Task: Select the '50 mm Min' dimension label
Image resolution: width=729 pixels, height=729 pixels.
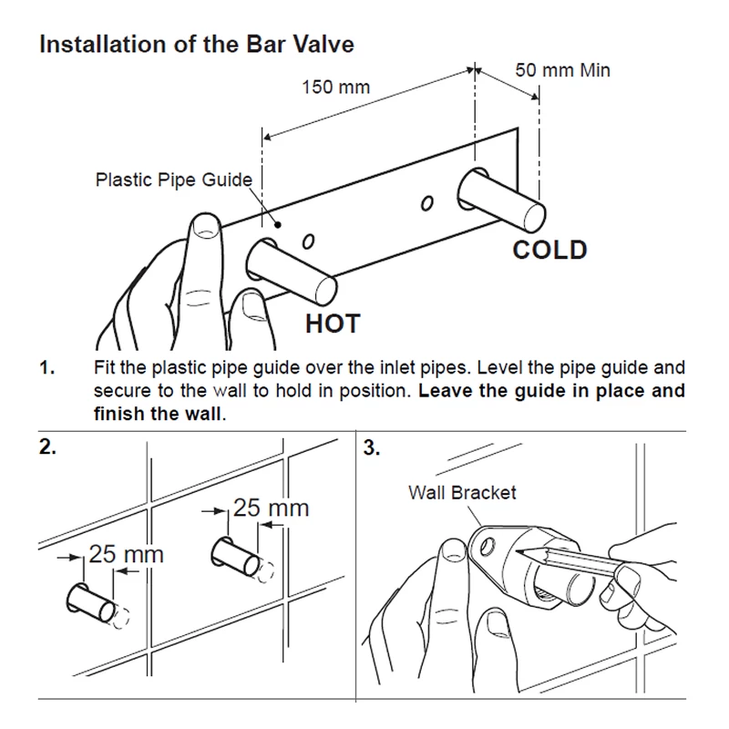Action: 562,69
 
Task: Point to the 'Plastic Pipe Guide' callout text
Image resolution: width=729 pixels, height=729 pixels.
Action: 173,179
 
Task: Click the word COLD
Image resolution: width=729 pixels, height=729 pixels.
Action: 549,249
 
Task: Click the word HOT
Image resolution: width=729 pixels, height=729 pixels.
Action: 332,323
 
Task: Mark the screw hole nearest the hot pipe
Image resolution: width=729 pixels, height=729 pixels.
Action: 308,241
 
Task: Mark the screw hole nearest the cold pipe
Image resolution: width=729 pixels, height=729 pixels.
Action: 425,202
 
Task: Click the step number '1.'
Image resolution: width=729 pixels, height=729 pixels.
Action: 47,369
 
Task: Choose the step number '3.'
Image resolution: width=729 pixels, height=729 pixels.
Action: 373,449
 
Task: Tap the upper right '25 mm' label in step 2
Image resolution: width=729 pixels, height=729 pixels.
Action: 271,508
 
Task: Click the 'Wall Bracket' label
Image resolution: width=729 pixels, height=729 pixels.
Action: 462,493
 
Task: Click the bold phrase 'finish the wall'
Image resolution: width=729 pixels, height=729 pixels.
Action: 158,413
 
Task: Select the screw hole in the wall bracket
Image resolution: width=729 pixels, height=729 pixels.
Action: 489,548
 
